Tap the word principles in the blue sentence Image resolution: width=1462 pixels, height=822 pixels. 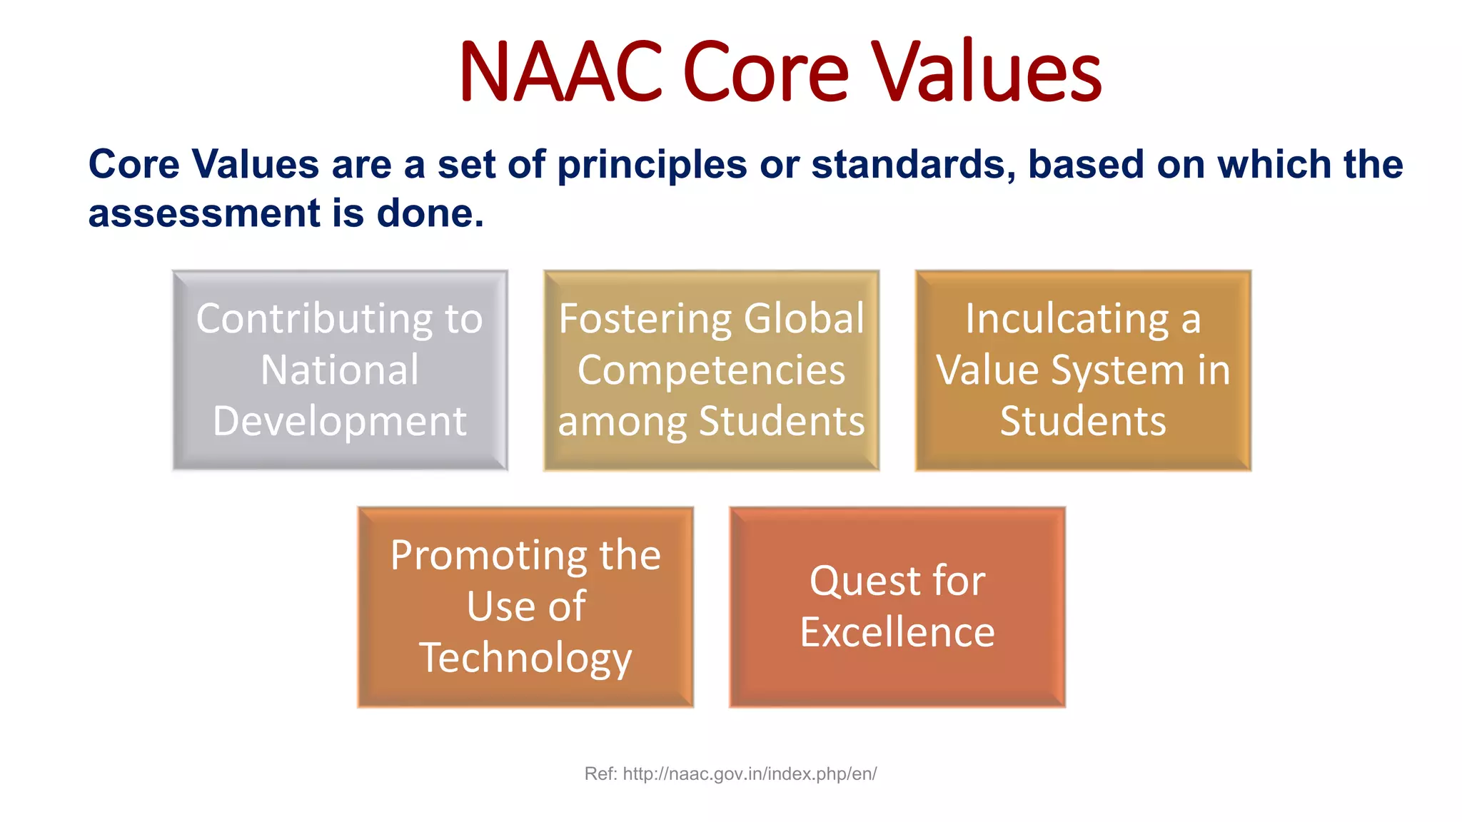pos(652,165)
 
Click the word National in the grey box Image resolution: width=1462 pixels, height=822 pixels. pos(340,370)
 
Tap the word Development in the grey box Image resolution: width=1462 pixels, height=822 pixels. pos(340,421)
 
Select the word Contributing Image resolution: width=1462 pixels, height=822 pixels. pos(315,319)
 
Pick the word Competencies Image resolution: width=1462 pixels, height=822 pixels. pos(711,370)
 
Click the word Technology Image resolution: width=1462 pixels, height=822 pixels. pos(525,658)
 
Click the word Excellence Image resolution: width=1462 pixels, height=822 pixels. pos(897,632)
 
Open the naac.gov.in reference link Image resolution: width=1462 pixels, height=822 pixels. pos(750,774)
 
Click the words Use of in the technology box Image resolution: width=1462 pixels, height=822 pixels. pos(525,607)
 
